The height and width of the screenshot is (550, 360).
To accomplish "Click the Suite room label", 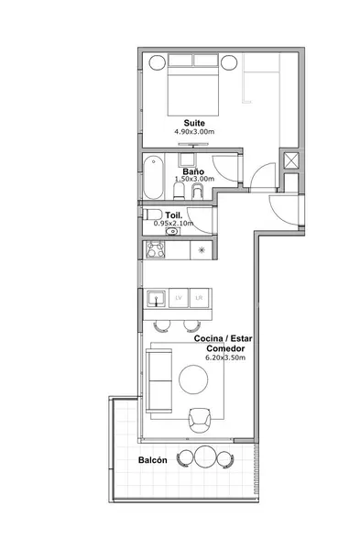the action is click(x=194, y=123).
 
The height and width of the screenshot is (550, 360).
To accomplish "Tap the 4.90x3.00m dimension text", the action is click(x=194, y=132).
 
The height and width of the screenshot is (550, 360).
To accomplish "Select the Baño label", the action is click(x=193, y=172).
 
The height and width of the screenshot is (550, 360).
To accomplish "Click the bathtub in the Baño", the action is click(x=153, y=178).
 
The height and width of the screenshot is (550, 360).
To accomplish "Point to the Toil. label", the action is click(x=174, y=215).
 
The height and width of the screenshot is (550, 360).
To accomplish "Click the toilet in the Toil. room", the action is click(x=152, y=214).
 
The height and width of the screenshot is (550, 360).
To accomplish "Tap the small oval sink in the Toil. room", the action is click(x=172, y=232).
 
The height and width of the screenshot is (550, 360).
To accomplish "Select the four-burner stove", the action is click(x=156, y=249).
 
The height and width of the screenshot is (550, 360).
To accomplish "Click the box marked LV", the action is click(x=179, y=298).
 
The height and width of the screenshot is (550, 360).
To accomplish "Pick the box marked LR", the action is click(x=199, y=298).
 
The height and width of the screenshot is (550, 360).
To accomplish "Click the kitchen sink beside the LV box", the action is click(x=156, y=298).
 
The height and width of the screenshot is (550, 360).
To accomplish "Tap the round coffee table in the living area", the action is click(x=193, y=379).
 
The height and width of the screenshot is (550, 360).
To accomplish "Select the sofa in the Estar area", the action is click(x=159, y=380).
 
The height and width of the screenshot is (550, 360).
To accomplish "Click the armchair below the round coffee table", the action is click(x=200, y=420).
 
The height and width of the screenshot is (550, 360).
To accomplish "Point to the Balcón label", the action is click(x=152, y=460).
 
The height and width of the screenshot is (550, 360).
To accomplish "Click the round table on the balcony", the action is click(x=204, y=456).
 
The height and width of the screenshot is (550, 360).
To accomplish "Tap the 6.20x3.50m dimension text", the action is click(x=225, y=357).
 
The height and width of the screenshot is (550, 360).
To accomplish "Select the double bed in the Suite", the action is click(x=193, y=85).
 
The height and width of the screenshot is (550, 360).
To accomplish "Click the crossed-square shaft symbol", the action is click(x=291, y=160).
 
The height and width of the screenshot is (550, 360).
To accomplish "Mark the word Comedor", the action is click(x=225, y=348).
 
